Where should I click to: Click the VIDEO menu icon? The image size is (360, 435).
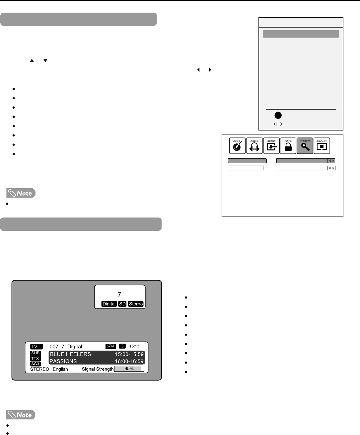click(237, 146)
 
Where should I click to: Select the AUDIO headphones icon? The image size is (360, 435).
click(254, 146)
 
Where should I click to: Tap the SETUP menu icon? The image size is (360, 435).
click(271, 146)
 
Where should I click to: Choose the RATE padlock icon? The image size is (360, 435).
click(288, 146)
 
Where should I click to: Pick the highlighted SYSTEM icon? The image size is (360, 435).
click(305, 146)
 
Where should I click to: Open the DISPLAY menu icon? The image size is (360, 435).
click(322, 146)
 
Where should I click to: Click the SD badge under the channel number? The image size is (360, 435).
click(122, 304)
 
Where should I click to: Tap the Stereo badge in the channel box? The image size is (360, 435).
click(136, 304)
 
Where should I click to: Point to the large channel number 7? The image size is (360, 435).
click(119, 294)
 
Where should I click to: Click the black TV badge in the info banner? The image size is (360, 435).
click(36, 347)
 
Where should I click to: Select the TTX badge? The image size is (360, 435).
click(36, 359)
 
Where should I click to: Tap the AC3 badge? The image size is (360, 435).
click(36, 364)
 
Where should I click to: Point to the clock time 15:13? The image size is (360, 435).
click(134, 346)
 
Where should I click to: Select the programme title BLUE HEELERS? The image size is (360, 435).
click(70, 354)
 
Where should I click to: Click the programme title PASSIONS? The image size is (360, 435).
click(63, 361)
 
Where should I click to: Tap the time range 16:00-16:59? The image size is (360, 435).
click(129, 361)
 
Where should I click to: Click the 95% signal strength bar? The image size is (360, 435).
click(129, 369)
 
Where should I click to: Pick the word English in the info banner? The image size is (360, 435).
click(60, 369)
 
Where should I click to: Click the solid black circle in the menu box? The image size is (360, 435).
click(278, 115)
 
